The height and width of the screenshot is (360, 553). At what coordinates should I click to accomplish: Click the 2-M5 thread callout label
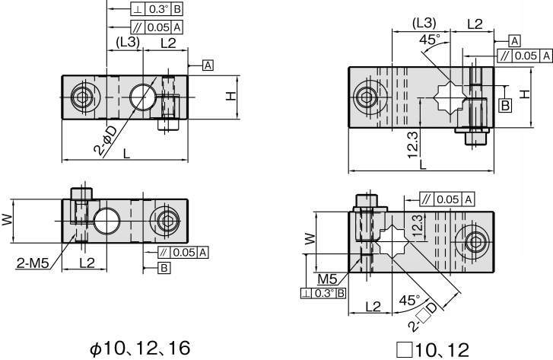tap(32, 263)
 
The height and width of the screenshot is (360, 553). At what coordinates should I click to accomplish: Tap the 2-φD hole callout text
tap(106, 141)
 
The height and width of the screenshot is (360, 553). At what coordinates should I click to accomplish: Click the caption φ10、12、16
tap(141, 349)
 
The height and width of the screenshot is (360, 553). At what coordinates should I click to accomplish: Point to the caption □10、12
tap(433, 350)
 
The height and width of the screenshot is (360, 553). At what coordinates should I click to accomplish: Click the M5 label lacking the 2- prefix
tap(327, 279)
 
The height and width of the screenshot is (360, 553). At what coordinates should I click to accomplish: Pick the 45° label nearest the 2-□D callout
tap(409, 301)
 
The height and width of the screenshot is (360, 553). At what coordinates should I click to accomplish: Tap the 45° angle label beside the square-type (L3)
tap(430, 39)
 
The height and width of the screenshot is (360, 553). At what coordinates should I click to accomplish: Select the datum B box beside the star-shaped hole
tap(505, 105)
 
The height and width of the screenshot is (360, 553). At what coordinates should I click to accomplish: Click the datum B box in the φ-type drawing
tap(164, 268)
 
